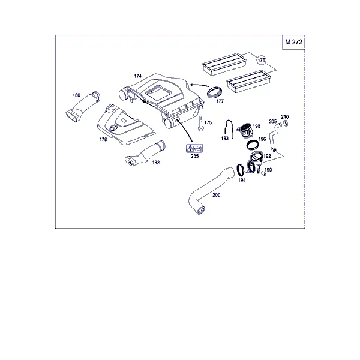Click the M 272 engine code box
(293, 42)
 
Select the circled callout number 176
(261, 60)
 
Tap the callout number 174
(138, 76)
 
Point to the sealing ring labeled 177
(215, 93)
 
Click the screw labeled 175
(200, 124)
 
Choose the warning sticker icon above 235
(194, 149)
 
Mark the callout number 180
(76, 95)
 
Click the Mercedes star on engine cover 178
(113, 128)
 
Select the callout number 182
(156, 163)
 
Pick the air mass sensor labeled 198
(245, 130)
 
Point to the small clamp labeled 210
(286, 123)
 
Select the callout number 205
(273, 121)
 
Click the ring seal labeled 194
(241, 170)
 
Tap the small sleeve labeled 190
(263, 174)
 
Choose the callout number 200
(216, 195)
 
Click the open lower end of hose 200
(200, 210)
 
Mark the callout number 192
(267, 156)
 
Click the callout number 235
(194, 156)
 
